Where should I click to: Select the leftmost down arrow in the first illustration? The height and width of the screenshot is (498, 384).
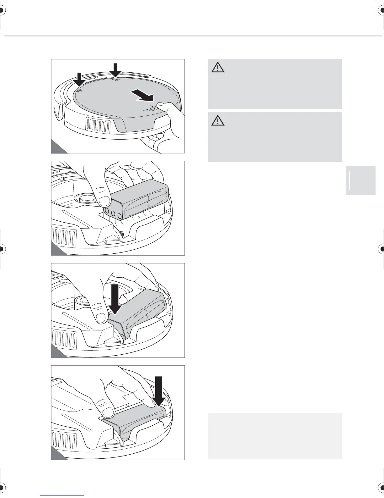(79, 80)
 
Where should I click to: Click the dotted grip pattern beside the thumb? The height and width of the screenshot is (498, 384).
(152, 108)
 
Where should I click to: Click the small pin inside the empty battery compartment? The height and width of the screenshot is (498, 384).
(121, 234)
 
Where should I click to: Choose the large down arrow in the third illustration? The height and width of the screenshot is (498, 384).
(115, 299)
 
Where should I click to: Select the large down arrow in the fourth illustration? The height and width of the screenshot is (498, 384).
(160, 391)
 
